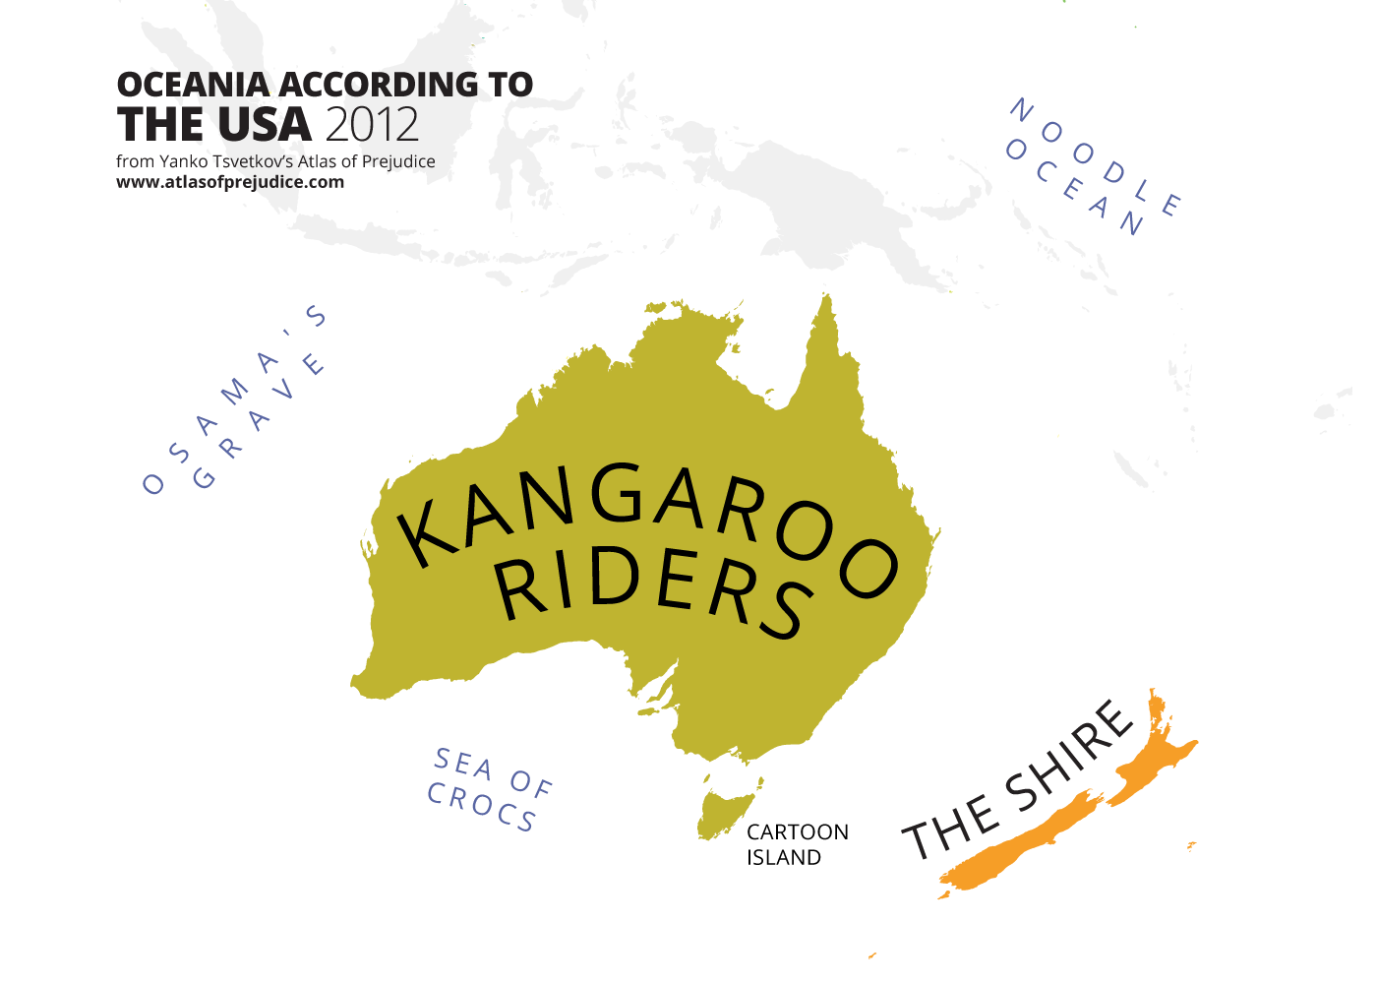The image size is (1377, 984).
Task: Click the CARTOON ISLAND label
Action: pyautogui.click(x=797, y=844)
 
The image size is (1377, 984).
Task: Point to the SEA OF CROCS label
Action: pyautogui.click(x=489, y=789)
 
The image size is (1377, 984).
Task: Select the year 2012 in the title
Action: pyautogui.click(x=371, y=125)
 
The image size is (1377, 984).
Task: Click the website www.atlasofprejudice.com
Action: pyautogui.click(x=230, y=182)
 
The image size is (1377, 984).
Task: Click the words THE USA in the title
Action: pyautogui.click(x=213, y=125)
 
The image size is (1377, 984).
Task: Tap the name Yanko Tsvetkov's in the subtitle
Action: pyautogui.click(x=231, y=161)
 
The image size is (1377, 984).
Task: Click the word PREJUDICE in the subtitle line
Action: pyautogui.click(x=399, y=161)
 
